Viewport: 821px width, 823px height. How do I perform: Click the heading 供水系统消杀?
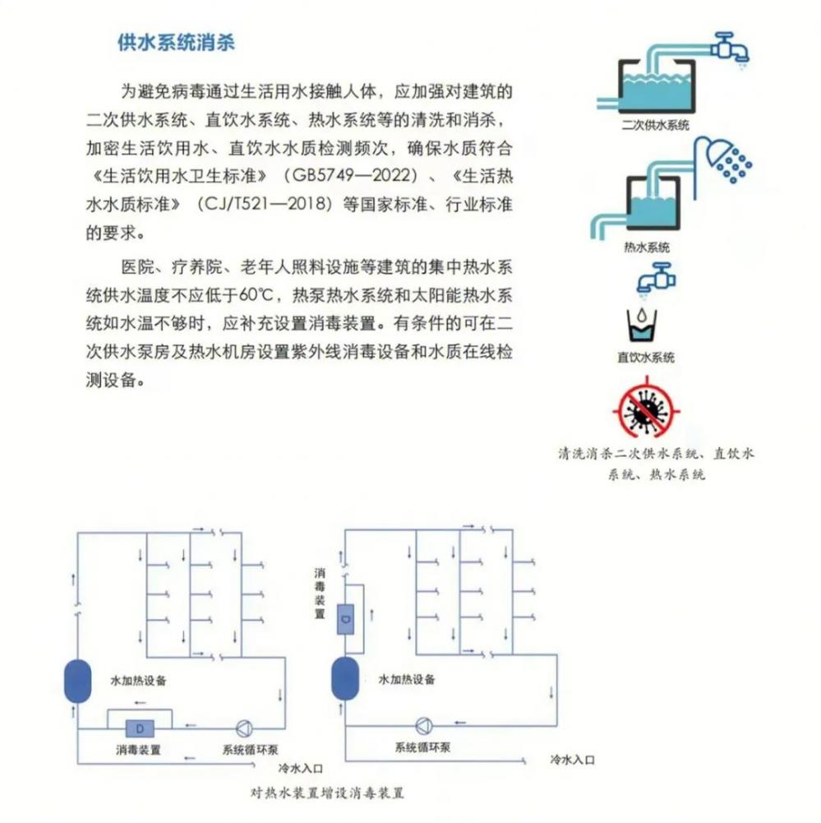176,43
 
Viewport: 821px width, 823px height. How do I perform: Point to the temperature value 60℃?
256,294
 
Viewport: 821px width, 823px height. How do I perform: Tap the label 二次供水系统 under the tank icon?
655,126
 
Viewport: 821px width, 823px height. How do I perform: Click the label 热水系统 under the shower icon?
647,247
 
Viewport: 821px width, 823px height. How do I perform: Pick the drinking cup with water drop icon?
642,325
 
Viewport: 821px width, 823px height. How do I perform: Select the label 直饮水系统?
646,358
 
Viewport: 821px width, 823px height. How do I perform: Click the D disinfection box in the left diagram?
140,728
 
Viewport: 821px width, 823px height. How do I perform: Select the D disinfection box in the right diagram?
345,619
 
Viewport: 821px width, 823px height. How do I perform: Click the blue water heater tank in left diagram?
77,681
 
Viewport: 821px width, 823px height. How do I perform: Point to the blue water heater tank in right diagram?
345,678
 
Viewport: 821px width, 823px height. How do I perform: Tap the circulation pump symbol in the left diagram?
244,728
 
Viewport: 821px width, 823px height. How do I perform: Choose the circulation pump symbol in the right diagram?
424,726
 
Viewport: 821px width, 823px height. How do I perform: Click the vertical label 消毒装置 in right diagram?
320,593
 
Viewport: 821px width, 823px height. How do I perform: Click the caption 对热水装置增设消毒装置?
327,793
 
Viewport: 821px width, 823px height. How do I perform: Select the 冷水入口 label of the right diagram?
572,760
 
